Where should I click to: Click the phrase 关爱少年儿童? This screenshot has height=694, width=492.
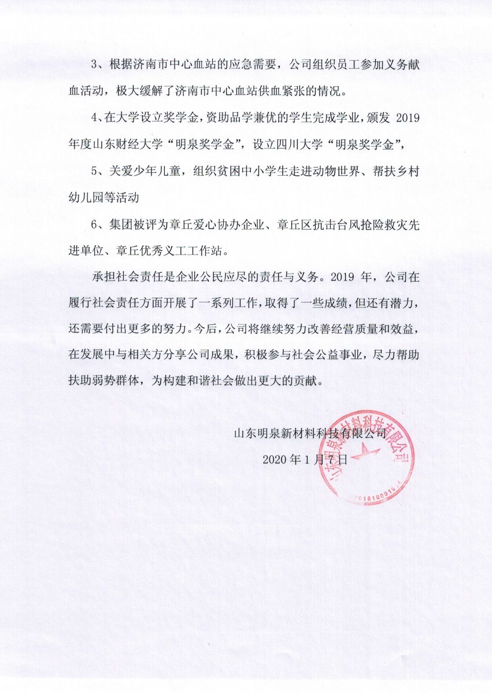pyautogui.click(x=141, y=172)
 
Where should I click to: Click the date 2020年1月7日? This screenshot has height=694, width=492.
pyautogui.click(x=305, y=460)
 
